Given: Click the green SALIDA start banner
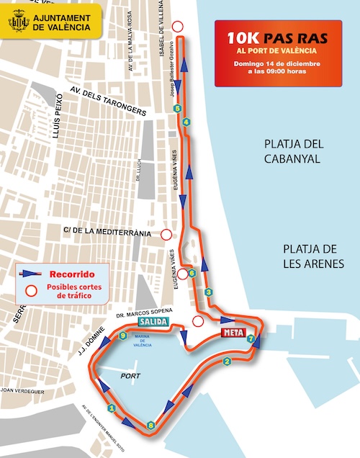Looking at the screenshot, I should click(154, 321).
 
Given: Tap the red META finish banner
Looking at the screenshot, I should click(231, 332).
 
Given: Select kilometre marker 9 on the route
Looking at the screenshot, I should click(123, 336).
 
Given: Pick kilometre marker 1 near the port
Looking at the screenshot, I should click(111, 408).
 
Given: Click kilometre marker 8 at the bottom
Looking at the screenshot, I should click(150, 426).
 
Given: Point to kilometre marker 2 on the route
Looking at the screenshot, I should click(227, 362).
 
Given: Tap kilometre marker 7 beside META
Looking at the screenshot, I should click(251, 338).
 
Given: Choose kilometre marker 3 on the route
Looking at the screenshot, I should click(208, 292).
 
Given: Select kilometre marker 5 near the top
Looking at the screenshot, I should click(177, 109).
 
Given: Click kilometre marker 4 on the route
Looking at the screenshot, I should click(186, 122).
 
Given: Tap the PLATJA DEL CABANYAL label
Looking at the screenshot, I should click(292, 151).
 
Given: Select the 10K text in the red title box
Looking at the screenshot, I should click(243, 37).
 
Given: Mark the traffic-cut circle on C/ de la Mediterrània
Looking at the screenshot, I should click(166, 234).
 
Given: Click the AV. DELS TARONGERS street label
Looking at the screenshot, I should click(108, 101).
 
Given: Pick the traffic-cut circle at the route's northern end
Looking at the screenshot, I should click(178, 27).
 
